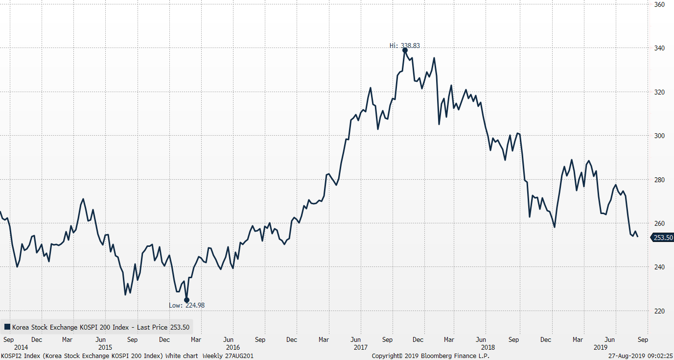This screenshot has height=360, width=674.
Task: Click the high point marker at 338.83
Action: [x=405, y=50]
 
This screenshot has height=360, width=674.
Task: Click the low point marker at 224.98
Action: [x=186, y=300]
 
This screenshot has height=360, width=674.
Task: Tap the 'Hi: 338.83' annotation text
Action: [x=404, y=46]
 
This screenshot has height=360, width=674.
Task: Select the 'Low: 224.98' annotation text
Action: [x=186, y=305]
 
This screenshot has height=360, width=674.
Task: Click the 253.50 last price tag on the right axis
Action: [x=663, y=238]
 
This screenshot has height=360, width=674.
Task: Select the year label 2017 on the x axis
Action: [x=360, y=347]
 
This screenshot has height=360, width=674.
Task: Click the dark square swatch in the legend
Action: [x=7, y=327]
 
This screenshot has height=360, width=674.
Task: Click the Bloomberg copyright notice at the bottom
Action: [x=430, y=356]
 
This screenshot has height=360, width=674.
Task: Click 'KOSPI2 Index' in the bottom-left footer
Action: [x=19, y=356]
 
